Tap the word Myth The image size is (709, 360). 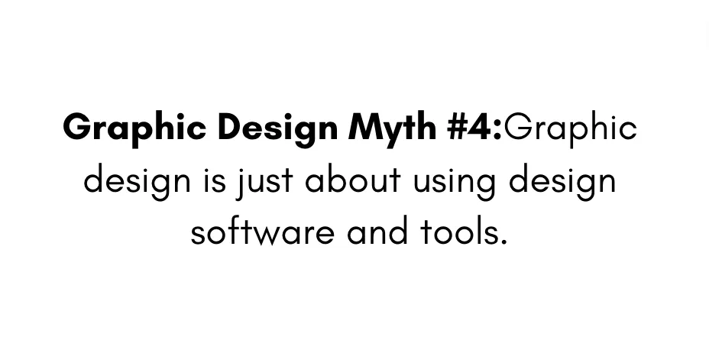pos(392,127)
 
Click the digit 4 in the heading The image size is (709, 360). pos(481,127)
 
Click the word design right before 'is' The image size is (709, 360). pos(138,181)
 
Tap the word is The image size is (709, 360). pos(215,180)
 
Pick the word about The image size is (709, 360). pos(353,180)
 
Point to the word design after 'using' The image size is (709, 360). pos(562,181)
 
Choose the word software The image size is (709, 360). pos(262,232)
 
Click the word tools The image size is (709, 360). pos(459,232)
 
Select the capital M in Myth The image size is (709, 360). pos(364,127)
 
